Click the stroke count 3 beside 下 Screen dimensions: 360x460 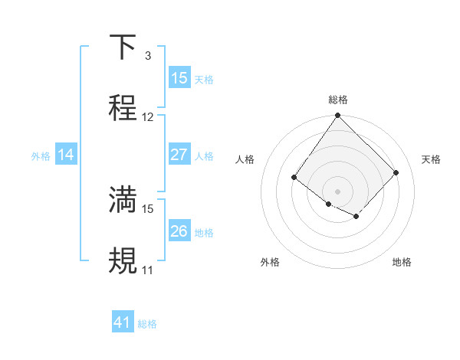click(x=147, y=56)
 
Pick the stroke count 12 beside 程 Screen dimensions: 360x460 click(x=148, y=117)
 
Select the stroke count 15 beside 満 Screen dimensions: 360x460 click(x=148, y=208)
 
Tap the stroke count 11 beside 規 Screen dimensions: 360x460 click(x=147, y=270)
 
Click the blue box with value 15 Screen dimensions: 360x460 click(x=179, y=78)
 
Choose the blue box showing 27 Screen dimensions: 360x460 click(x=179, y=155)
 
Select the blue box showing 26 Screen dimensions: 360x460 click(x=179, y=231)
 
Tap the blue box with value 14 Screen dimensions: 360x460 click(x=66, y=155)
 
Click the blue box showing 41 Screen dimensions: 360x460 click(x=123, y=322)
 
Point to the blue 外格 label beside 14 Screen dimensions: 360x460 click(x=41, y=155)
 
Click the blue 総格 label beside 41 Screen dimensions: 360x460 click(x=147, y=324)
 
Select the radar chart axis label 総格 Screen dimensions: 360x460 click(x=337, y=100)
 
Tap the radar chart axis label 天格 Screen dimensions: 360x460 click(x=431, y=159)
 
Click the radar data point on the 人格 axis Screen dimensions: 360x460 click(x=294, y=178)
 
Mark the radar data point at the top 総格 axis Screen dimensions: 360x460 click(x=337, y=116)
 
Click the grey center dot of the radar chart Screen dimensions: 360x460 click(x=337, y=191)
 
